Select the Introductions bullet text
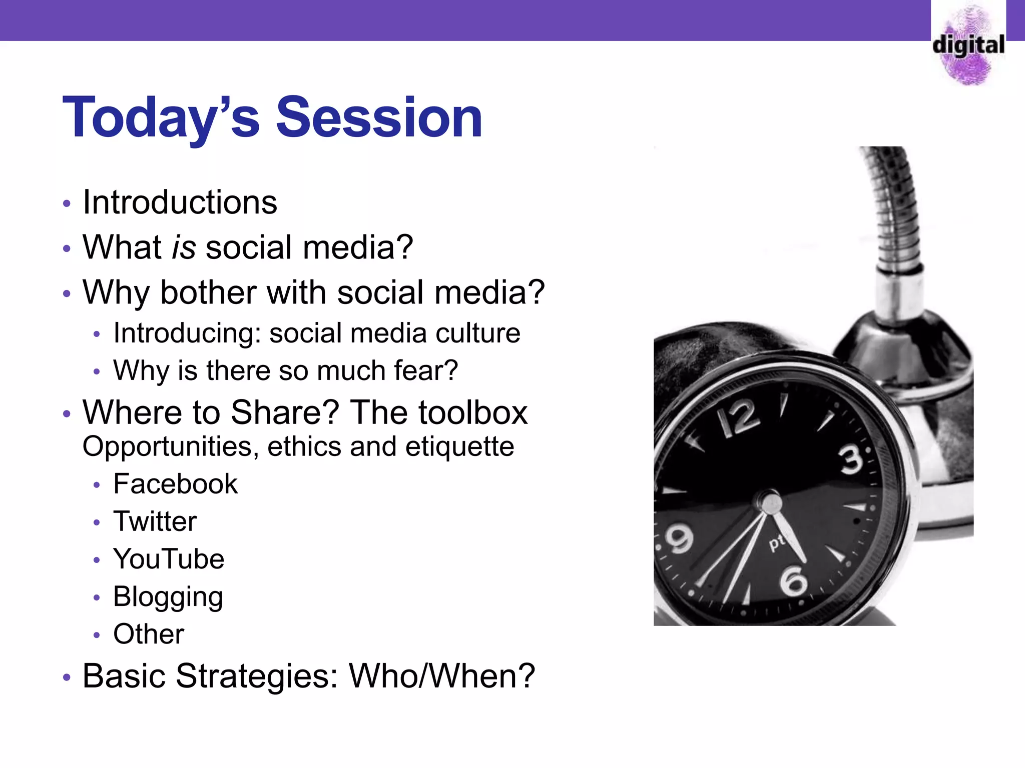[180, 202]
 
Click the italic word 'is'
[184, 247]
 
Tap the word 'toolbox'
[473, 412]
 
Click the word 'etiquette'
[459, 446]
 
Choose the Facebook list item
[175, 483]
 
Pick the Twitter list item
[155, 521]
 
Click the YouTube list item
[169, 558]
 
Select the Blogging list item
[168, 597]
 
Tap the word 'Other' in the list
[149, 634]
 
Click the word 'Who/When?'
[442, 676]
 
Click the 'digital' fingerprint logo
[969, 45]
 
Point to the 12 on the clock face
[738, 417]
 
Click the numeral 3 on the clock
[851, 459]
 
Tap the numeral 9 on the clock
[680, 539]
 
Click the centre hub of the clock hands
[769, 502]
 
